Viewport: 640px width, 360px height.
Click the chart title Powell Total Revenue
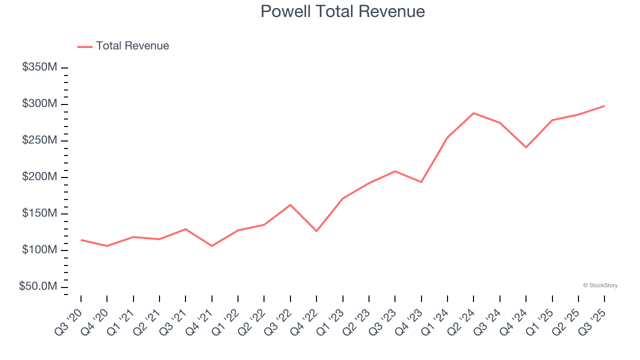(x=342, y=11)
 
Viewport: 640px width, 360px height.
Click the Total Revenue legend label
(x=132, y=46)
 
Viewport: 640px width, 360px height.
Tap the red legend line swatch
(x=85, y=46)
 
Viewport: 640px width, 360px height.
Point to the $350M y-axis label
(x=39, y=67)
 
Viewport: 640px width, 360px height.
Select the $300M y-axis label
(x=39, y=104)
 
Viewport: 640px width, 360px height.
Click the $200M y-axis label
(x=39, y=177)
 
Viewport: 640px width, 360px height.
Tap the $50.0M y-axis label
(x=38, y=286)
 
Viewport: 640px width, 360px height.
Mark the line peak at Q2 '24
(x=473, y=113)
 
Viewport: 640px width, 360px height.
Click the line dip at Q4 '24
(x=526, y=147)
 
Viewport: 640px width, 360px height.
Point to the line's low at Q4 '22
(x=316, y=231)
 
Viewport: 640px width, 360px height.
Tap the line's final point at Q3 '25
(x=604, y=106)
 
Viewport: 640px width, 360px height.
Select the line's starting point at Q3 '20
(x=81, y=240)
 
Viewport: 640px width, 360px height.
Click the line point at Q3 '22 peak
(x=290, y=205)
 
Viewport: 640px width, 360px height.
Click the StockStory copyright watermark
(x=600, y=285)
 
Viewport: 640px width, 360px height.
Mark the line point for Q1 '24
(x=447, y=137)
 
